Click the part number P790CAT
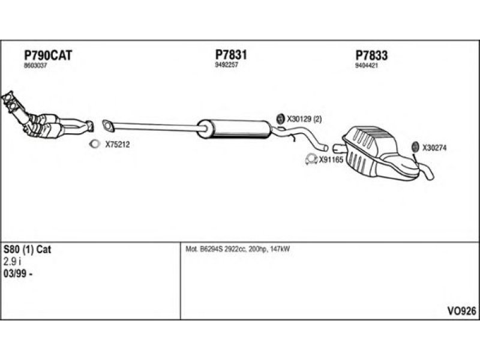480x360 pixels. click(47, 55)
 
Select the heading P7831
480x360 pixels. click(231, 54)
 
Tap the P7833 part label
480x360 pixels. click(371, 56)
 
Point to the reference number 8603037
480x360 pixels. click(35, 65)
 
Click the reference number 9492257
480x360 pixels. click(226, 64)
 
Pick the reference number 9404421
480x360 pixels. click(367, 65)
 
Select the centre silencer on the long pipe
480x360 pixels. click(234, 127)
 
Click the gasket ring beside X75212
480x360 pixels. click(95, 144)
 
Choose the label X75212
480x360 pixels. click(118, 144)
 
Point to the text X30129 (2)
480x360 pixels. click(304, 119)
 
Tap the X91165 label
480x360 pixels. click(331, 160)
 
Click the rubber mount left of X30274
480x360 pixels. click(415, 148)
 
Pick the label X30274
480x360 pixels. click(434, 148)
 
